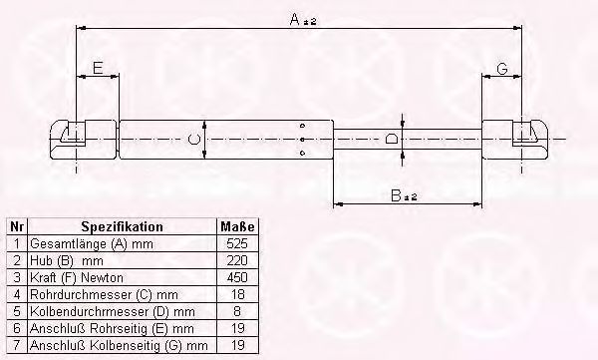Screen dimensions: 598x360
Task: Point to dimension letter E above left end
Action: coord(98,68)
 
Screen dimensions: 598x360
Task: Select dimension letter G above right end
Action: coord(502,69)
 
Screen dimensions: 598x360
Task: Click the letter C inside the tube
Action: coord(193,139)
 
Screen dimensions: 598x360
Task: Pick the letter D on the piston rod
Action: coord(391,138)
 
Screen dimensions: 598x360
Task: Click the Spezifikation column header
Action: coord(122,226)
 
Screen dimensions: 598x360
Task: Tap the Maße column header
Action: coord(237,226)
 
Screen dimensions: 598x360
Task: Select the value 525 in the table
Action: coord(237,243)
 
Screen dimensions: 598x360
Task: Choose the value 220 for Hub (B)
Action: coord(237,260)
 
